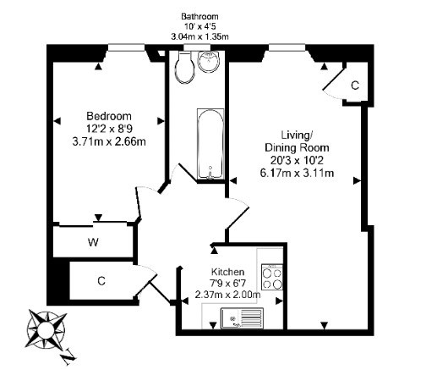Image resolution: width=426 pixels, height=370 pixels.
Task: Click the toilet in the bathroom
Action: pyautogui.click(x=185, y=67)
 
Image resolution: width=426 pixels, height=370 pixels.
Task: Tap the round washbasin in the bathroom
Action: pyautogui.click(x=209, y=61)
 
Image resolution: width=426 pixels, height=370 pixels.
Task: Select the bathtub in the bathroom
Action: pyautogui.click(x=210, y=144)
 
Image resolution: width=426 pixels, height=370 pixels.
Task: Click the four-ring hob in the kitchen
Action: pyautogui.click(x=272, y=277)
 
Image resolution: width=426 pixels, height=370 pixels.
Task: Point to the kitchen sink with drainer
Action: pyautogui.click(x=243, y=318)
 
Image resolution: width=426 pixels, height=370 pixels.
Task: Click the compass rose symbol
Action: pyautogui.click(x=46, y=329)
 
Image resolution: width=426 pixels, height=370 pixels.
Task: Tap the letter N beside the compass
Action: pyautogui.click(x=68, y=356)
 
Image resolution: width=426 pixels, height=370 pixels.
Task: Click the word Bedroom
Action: pyautogui.click(x=109, y=116)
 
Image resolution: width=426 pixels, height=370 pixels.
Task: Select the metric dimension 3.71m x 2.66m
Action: pyautogui.click(x=109, y=141)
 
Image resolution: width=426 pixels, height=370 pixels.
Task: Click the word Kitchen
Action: pyautogui.click(x=227, y=272)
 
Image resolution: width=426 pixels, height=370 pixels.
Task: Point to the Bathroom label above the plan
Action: pyautogui.click(x=199, y=16)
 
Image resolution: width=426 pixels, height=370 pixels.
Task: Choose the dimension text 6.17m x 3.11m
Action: pyautogui.click(x=297, y=173)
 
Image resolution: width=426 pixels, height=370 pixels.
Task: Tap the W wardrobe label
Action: pyautogui.click(x=93, y=242)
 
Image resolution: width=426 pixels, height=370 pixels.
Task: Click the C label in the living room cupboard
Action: pyautogui.click(x=355, y=86)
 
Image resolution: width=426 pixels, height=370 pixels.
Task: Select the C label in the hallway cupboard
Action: pyautogui.click(x=101, y=281)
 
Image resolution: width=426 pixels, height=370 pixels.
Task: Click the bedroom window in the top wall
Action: pyautogui.click(x=127, y=47)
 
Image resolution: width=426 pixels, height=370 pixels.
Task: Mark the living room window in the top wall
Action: pyautogui.click(x=287, y=47)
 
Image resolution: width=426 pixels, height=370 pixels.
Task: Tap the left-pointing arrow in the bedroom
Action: pyautogui.click(x=57, y=121)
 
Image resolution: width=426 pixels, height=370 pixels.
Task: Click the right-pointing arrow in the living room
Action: pyautogui.click(x=357, y=180)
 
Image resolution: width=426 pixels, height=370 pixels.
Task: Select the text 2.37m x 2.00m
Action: pyautogui.click(x=227, y=295)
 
